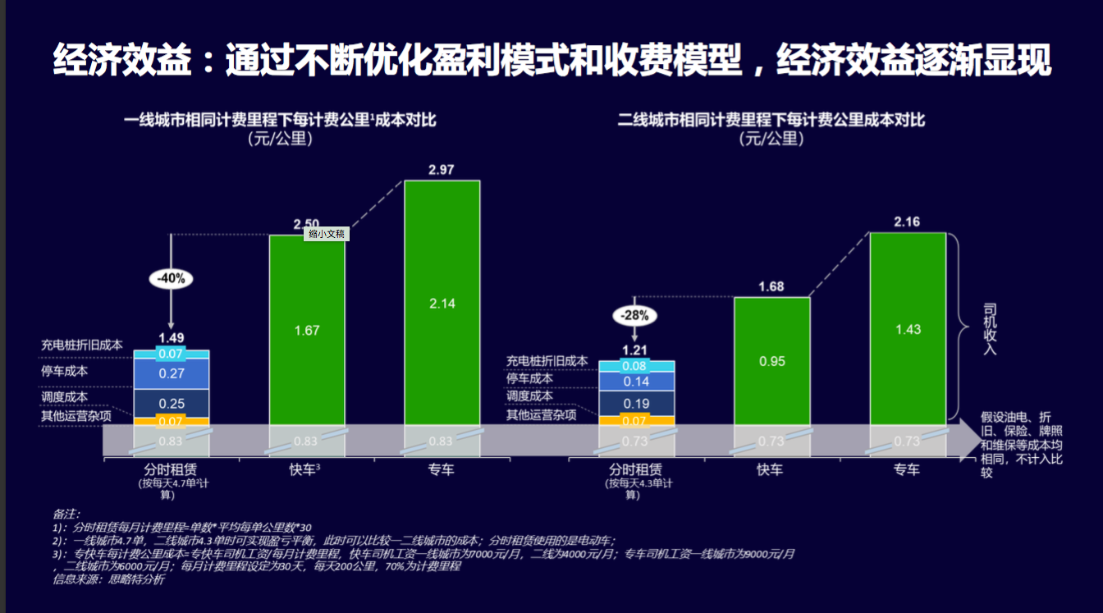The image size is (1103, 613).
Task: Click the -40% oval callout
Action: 172,278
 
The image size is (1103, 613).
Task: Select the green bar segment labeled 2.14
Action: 442,303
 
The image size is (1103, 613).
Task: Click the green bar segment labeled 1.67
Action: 307,331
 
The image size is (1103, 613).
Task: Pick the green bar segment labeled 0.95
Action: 771,361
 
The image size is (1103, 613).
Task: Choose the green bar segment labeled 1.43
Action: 907,329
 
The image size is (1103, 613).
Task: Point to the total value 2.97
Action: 442,170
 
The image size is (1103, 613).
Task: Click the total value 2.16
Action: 907,222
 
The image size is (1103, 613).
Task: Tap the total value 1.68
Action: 771,286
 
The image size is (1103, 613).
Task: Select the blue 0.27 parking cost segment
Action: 172,373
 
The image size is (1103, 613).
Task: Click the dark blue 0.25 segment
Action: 172,403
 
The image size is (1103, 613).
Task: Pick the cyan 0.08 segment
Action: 636,366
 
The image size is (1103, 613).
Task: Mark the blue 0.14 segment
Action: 636,382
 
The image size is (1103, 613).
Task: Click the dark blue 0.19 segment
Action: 636,403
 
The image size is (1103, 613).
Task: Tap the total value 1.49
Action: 172,337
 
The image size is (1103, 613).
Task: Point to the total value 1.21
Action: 636,349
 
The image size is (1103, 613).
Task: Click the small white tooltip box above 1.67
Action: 327,234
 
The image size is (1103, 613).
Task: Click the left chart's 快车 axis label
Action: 304,469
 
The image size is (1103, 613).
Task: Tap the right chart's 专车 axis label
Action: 907,469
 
